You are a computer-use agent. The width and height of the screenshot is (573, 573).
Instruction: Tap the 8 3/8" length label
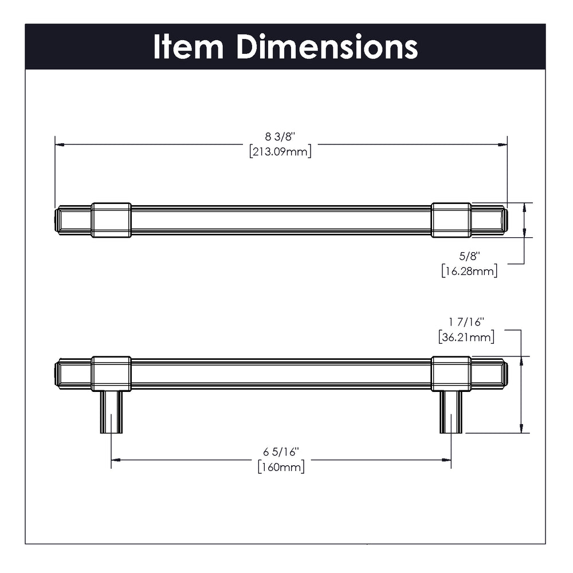pyautogui.click(x=280, y=137)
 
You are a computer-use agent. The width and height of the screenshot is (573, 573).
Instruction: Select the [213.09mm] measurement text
pyautogui.click(x=280, y=151)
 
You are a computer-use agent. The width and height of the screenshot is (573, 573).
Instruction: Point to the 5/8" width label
pyautogui.click(x=470, y=256)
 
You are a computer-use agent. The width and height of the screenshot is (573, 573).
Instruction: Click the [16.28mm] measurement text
pyautogui.click(x=470, y=271)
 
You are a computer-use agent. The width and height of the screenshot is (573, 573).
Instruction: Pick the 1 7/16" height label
pyautogui.click(x=466, y=322)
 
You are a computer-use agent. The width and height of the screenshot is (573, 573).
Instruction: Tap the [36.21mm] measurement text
pyautogui.click(x=466, y=337)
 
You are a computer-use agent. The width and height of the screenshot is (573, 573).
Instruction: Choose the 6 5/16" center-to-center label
pyautogui.click(x=281, y=452)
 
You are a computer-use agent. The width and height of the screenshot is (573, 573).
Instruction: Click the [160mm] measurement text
pyautogui.click(x=281, y=467)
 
